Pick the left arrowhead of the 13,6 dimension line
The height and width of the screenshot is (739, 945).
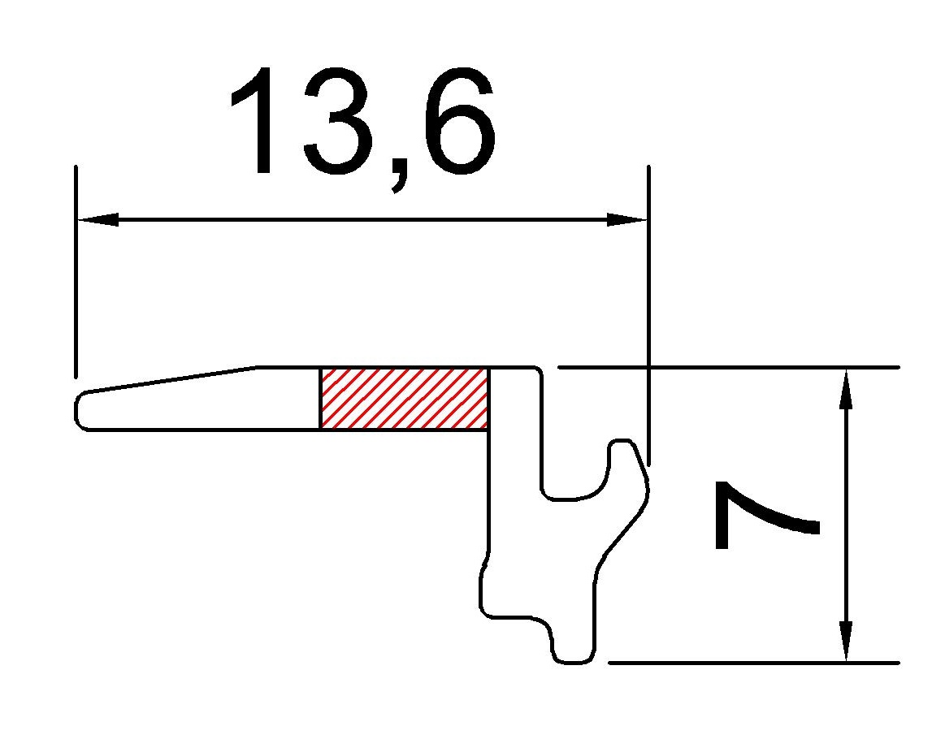coord(98,219)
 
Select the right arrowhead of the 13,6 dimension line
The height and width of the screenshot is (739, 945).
coord(627,219)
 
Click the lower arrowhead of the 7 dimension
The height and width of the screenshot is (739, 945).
coord(846,642)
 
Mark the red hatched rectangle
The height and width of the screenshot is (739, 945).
coord(405,398)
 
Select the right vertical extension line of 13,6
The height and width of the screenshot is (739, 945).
coord(648,309)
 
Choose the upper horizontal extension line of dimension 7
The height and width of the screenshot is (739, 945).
coord(731,367)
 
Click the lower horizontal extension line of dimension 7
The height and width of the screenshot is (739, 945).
coord(756,663)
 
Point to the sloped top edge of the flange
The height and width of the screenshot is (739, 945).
coord(171,379)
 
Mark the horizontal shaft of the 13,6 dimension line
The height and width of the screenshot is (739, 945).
coord(362,219)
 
